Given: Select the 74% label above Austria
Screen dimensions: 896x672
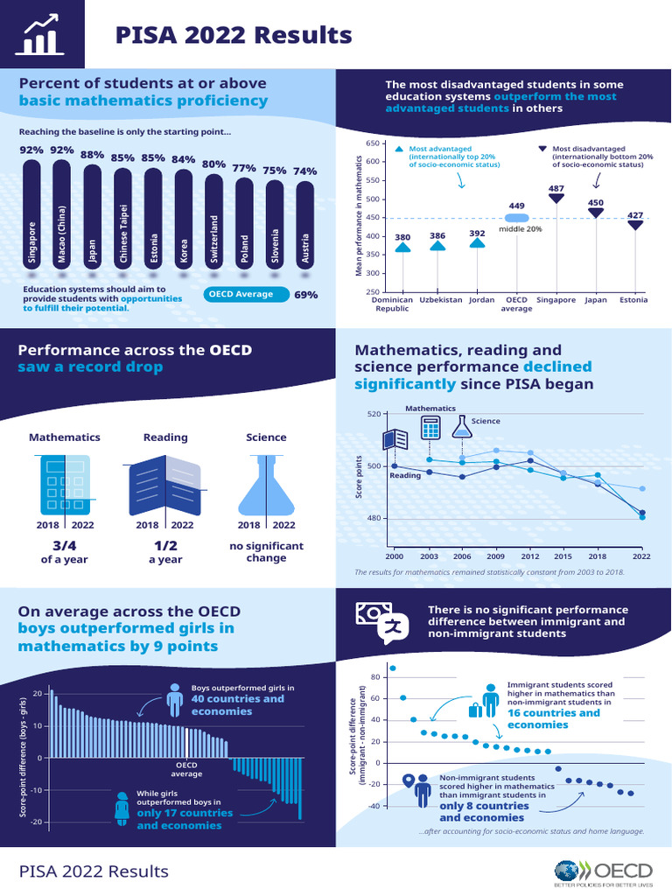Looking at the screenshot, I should tap(304, 171).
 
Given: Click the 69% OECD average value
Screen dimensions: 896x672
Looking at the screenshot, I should tap(305, 295).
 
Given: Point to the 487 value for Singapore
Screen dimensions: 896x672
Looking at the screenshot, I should tap(556, 188).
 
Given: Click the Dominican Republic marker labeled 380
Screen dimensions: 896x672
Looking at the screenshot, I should tap(402, 248).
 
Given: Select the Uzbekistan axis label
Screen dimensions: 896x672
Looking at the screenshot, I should tap(440, 300).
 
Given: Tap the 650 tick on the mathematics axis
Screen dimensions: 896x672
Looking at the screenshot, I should tap(373, 143).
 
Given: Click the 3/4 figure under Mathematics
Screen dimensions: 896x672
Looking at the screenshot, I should tap(64, 546).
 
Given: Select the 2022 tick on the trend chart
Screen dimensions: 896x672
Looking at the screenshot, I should tap(642, 556).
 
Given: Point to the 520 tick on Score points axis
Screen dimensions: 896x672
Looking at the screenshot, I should tap(374, 414).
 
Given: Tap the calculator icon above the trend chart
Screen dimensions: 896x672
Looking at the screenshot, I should tap(430, 426).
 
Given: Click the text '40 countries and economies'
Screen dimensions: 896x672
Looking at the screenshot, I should tap(238, 705).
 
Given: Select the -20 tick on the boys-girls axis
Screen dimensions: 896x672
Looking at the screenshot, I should tap(38, 822).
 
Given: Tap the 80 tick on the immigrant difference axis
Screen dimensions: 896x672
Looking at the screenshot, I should tap(374, 677).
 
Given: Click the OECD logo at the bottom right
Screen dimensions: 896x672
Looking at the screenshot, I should tap(604, 872).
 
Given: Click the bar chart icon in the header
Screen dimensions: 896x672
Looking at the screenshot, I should tap(42, 35).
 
